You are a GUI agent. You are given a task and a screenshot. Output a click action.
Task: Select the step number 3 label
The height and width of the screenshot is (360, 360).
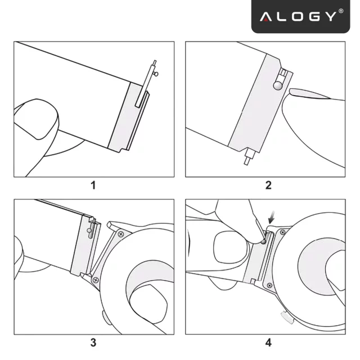(x=93, y=341)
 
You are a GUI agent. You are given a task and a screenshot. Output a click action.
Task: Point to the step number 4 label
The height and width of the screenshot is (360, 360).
(x=268, y=341)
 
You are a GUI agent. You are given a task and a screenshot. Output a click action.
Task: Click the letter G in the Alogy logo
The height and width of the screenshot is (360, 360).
(x=310, y=16)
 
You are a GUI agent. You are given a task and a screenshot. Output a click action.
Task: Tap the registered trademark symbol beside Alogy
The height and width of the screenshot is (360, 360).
(x=341, y=12)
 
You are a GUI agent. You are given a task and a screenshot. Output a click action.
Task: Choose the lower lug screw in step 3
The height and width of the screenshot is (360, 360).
(x=96, y=279)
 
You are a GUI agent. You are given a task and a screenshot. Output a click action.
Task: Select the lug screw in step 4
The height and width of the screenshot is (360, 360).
(x=283, y=231)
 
